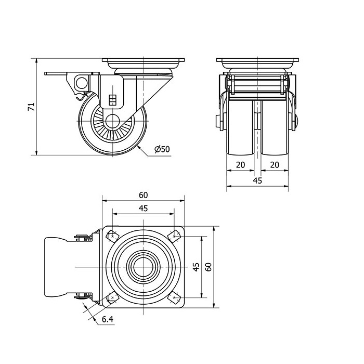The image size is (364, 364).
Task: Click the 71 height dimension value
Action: (x=31, y=107)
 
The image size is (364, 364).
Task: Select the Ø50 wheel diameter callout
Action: (x=162, y=149)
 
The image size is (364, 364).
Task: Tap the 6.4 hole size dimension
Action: (x=108, y=319)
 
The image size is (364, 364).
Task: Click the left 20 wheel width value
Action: (x=240, y=165)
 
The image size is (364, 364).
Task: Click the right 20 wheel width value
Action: (x=275, y=165)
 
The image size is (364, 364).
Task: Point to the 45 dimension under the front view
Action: (x=257, y=180)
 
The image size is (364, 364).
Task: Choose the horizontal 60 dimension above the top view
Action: (x=143, y=195)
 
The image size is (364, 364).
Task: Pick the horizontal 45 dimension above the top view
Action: (x=143, y=209)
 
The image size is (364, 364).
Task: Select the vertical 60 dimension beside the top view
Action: (x=209, y=267)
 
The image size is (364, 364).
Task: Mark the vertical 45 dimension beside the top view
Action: (x=196, y=267)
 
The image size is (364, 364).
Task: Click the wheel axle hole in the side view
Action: (x=113, y=121)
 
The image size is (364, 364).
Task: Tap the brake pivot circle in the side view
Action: (x=81, y=83)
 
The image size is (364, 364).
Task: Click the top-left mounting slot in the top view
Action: (x=113, y=237)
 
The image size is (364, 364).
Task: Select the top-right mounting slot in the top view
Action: (x=174, y=236)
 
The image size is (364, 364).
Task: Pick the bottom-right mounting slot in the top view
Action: (x=174, y=298)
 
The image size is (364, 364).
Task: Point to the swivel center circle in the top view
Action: (x=144, y=267)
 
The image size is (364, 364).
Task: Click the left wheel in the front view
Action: (x=240, y=127)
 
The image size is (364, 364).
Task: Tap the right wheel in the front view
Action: (x=275, y=127)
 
